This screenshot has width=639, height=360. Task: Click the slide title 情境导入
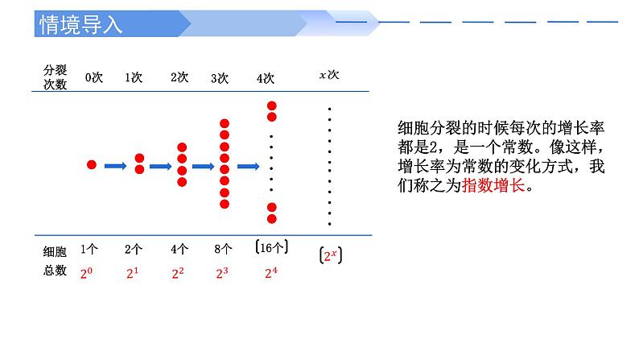point(81,24)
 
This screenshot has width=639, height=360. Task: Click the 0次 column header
point(94,77)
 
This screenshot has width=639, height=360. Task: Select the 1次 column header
point(134,77)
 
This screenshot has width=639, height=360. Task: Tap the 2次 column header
point(179,77)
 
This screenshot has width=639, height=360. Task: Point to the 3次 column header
point(220,78)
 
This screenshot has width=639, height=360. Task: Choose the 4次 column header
point(266,78)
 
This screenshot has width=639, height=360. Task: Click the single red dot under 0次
point(92,164)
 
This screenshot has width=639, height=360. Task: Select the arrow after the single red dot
point(116,166)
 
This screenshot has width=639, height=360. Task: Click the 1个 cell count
point(89,250)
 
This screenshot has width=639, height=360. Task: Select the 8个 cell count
point(224,250)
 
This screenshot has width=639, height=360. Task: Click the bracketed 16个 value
point(270,248)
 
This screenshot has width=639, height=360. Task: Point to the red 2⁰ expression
point(89,273)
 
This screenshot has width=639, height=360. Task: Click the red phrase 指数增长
point(493,186)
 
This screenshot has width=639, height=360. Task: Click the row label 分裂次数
point(54,77)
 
